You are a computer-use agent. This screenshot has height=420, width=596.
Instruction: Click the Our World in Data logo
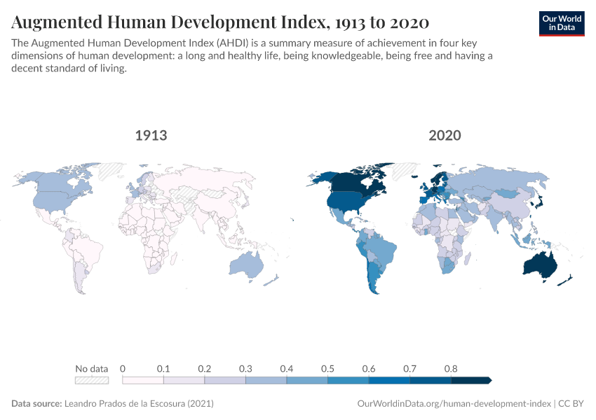561,23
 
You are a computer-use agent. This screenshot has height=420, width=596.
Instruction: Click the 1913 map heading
151,135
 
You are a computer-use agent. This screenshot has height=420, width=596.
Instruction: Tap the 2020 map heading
445,135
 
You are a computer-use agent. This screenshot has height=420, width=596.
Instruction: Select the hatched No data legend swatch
92,380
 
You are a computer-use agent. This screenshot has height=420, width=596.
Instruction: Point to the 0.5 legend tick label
327,368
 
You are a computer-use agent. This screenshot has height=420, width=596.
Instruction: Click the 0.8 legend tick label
451,368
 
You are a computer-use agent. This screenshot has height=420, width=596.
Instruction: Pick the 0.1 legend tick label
163,368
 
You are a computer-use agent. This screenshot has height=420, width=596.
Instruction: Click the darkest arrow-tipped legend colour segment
470,380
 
